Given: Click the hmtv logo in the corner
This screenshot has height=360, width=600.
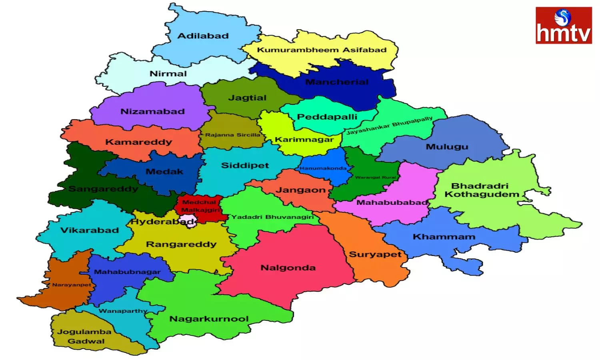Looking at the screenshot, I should (563, 25).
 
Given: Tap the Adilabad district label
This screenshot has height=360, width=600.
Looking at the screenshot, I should (203, 36).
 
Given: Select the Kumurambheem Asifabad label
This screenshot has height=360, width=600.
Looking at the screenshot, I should (322, 50).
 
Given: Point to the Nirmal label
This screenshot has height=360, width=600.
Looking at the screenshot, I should (168, 74).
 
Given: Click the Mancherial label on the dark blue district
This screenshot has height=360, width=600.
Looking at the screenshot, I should (336, 82).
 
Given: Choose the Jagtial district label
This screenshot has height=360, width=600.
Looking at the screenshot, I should (247, 98).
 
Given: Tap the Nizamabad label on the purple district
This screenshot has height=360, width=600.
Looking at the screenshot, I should (152, 112).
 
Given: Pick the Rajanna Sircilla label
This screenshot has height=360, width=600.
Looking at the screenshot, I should (232, 135).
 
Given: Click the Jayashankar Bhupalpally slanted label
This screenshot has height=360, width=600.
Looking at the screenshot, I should (389, 126).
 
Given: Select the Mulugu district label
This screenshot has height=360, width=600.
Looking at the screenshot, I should (447, 147).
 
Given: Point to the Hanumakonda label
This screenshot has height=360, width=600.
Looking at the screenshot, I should (323, 168).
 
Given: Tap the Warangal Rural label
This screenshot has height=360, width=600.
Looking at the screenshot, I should (375, 177).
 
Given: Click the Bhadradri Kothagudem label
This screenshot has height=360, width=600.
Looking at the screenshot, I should (481, 190).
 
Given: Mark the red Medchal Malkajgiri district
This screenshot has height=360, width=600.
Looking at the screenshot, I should (200, 206).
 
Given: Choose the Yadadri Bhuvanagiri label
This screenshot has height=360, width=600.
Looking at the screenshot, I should (272, 217).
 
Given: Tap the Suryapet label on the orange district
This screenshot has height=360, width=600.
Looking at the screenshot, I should (375, 254).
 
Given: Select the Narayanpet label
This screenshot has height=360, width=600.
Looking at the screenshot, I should (71, 285).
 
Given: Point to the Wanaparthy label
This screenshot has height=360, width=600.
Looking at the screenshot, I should (123, 311).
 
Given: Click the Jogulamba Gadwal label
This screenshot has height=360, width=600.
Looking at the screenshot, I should (85, 336).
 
